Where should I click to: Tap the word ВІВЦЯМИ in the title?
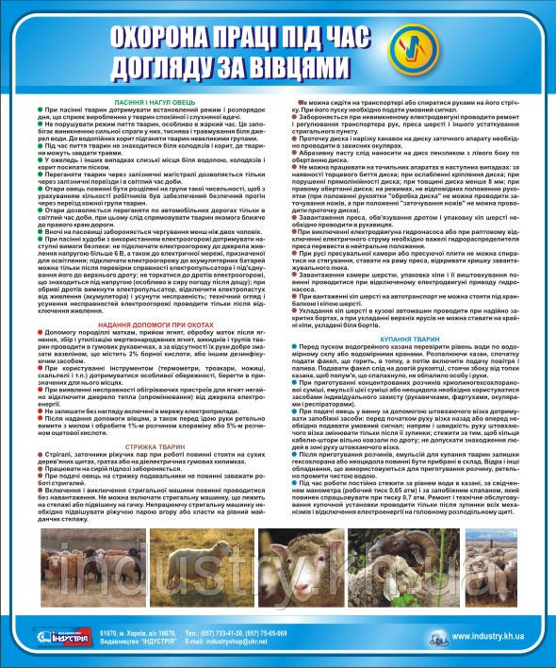[301, 68]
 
